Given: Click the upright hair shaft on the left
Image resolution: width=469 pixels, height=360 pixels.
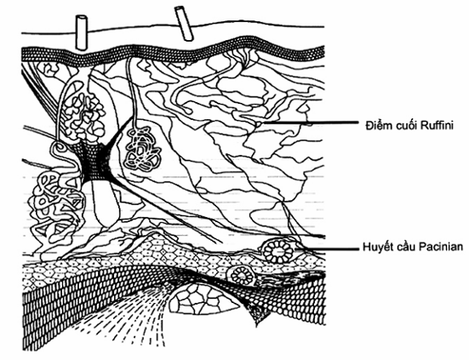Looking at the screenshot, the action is tap(82, 32).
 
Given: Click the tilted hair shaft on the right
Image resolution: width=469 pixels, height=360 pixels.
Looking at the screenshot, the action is tap(184, 24).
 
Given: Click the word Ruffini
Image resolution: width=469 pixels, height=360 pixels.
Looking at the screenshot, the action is tap(437, 125).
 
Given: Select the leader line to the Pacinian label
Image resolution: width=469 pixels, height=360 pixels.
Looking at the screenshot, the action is tap(327, 249).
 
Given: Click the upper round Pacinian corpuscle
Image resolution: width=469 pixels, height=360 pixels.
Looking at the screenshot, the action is tap(278, 250).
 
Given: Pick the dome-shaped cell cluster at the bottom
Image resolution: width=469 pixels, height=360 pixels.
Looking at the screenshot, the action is tap(204, 298).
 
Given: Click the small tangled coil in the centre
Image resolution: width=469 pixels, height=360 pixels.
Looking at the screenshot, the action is tap(143, 149).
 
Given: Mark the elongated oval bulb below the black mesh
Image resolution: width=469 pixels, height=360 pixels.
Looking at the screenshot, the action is tap(105, 203).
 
